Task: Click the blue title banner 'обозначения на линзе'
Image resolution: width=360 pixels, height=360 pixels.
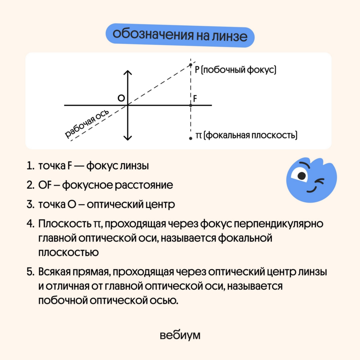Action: click(x=180, y=36)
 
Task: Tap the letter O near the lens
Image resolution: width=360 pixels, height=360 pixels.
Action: click(x=121, y=98)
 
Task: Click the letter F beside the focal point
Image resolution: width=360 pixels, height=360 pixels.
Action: click(x=195, y=99)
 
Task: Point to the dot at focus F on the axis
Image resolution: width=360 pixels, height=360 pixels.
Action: click(x=191, y=105)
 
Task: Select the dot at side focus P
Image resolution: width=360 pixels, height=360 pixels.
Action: click(x=191, y=65)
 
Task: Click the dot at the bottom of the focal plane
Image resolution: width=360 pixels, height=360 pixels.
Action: click(x=191, y=139)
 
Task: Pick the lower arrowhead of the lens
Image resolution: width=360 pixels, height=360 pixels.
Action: click(x=128, y=138)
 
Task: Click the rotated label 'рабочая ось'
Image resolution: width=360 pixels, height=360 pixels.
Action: click(x=87, y=123)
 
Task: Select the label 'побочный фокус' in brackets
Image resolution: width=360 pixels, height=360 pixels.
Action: click(x=239, y=70)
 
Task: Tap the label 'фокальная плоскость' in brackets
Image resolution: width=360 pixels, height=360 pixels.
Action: click(x=250, y=135)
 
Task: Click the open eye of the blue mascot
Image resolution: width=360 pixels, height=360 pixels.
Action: click(x=301, y=175)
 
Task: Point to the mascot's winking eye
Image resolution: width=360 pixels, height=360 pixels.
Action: click(x=320, y=181)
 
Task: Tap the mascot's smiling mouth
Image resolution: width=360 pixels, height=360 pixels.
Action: click(x=312, y=189)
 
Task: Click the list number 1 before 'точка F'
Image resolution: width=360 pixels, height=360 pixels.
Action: click(x=30, y=166)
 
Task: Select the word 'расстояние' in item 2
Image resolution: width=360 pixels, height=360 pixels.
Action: click(x=144, y=185)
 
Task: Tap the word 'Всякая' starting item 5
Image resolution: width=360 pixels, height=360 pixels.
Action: click(x=54, y=272)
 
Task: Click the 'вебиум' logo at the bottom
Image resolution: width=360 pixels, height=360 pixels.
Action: click(x=180, y=335)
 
